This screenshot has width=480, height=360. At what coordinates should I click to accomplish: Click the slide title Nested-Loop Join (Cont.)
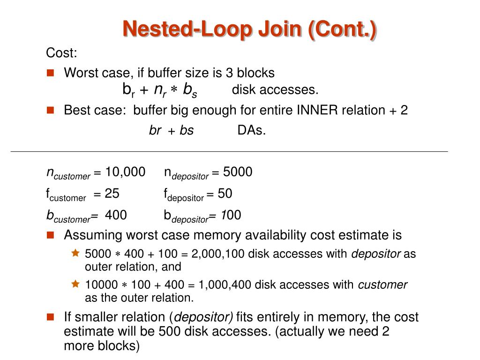point(249,29)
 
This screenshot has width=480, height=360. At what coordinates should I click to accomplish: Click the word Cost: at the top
point(61,53)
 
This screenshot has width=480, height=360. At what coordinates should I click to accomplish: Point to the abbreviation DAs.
point(252,130)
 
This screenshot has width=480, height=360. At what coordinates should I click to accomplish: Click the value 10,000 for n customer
point(125,172)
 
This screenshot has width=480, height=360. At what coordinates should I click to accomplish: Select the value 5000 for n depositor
point(238,172)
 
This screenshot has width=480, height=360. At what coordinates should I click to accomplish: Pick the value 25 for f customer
point(112,194)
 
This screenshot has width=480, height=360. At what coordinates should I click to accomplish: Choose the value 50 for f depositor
point(225,194)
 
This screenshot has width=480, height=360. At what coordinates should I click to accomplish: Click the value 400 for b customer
point(116,216)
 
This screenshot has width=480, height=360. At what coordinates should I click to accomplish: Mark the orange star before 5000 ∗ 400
point(75,254)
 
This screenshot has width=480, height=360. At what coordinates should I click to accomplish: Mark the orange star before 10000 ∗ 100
point(75,284)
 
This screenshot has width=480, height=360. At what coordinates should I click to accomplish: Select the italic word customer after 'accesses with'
point(382,285)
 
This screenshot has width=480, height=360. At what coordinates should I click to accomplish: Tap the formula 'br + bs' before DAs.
point(171,130)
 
